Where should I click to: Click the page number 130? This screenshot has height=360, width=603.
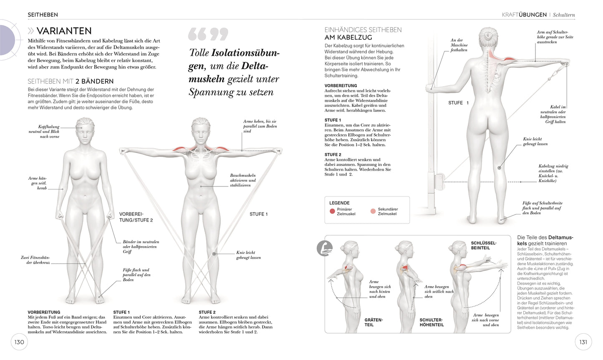(x=19, y=342)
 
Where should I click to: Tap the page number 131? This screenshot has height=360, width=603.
(x=583, y=342)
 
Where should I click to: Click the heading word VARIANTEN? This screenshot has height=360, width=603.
(x=64, y=31)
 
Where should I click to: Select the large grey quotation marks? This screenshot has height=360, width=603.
(x=208, y=34)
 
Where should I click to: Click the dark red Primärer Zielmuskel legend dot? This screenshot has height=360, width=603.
(x=332, y=211)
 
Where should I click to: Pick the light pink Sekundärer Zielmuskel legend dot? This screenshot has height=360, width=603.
(x=373, y=211)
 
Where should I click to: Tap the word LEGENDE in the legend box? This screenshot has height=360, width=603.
(x=339, y=203)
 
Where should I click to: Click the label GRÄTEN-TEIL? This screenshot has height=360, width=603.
(x=373, y=322)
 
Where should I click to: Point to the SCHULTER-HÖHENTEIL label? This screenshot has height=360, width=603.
(x=431, y=322)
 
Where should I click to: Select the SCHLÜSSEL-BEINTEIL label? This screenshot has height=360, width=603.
(x=483, y=245)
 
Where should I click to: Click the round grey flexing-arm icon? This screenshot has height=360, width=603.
(x=325, y=248)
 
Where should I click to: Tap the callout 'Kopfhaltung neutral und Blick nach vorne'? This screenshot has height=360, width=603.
(x=49, y=131)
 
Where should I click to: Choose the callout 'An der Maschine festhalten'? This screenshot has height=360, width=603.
(x=459, y=45)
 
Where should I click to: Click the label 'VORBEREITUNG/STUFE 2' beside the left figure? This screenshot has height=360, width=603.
(x=136, y=217)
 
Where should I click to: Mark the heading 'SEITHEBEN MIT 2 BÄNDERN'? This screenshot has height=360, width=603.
(x=71, y=81)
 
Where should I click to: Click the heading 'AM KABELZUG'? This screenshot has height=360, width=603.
(x=348, y=38)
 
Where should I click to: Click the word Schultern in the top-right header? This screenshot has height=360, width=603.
(x=564, y=15)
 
